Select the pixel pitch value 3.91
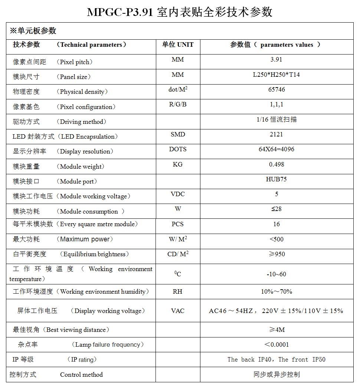pos(276,59)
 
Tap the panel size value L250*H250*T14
pos(276,75)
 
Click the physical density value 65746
pos(276,89)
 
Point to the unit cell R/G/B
pos(178,104)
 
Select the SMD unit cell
pos(178,134)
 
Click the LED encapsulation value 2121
pos(276,134)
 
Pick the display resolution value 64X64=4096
pos(276,149)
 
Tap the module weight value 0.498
pos(276,164)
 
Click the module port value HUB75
pos(276,179)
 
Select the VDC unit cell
pos(178,194)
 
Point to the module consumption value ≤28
pos(276,209)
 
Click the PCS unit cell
pos(178,224)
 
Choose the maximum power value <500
pos(276,239)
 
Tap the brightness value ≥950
pos(276,254)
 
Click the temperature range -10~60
pos(276,274)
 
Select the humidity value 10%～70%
pos(276,291)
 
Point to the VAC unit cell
pos(178,310)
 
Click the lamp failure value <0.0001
pos(276,345)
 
